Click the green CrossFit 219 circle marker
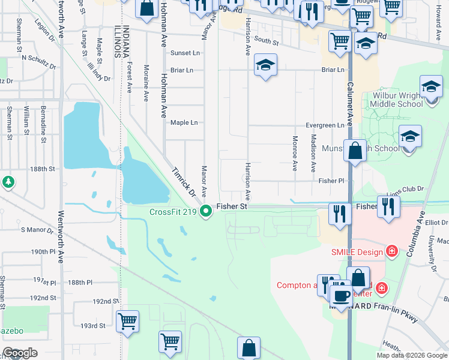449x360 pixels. pyautogui.click(x=206, y=211)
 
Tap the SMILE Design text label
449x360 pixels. pyautogui.click(x=357, y=252)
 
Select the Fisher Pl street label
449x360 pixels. pyautogui.click(x=332, y=180)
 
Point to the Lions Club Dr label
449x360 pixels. pyautogui.click(x=406, y=188)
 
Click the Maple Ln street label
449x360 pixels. pyautogui.click(x=184, y=123)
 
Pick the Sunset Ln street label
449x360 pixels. pyautogui.click(x=184, y=53)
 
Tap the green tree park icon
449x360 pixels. pyautogui.click(x=8, y=181)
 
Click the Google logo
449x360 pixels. pyautogui.click(x=20, y=353)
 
